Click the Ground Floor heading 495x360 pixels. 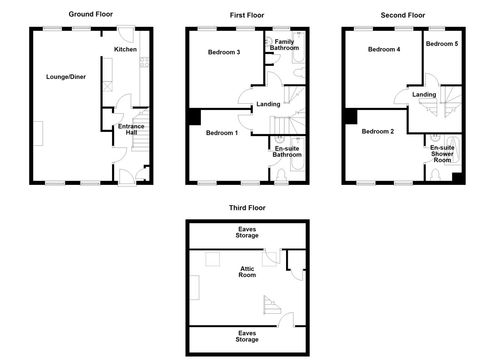pyautogui.click(x=91, y=14)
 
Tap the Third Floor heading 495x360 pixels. pyautogui.click(x=247, y=208)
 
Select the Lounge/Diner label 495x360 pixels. pyautogui.click(x=66, y=77)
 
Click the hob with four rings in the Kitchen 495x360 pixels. pyautogui.click(x=145, y=62)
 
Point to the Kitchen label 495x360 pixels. pyautogui.click(x=125, y=49)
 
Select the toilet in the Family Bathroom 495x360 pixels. pyautogui.click(x=299, y=73)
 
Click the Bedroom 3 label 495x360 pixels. pyautogui.click(x=224, y=52)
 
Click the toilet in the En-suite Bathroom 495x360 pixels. pyautogui.click(x=281, y=175)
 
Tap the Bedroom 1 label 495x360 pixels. pyautogui.click(x=222, y=133)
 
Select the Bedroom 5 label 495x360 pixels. pyautogui.click(x=442, y=43)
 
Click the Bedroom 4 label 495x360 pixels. pyautogui.click(x=384, y=49)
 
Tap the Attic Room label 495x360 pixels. pyautogui.click(x=247, y=272)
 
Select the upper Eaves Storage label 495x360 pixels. pyautogui.click(x=247, y=232)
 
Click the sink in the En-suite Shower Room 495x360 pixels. pyautogui.click(x=435, y=138)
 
